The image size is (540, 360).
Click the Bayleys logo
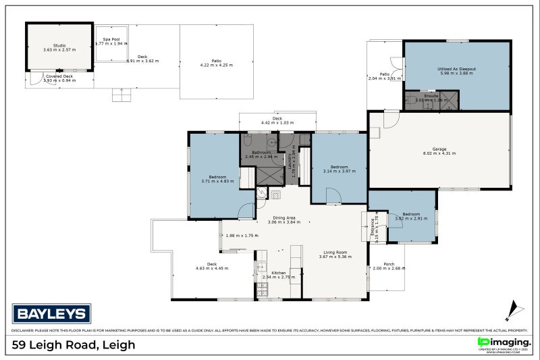tap(51, 313)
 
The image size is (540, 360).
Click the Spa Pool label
tap(111, 39)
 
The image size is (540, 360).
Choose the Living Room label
tap(335, 253)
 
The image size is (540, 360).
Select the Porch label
tap(389, 264)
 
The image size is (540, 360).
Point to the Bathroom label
tap(262, 152)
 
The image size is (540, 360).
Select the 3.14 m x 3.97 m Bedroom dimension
tap(339, 171)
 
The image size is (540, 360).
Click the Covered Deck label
tap(59, 76)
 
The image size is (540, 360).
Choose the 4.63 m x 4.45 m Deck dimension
tap(212, 268)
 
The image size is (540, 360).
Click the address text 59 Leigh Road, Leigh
tap(74, 345)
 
